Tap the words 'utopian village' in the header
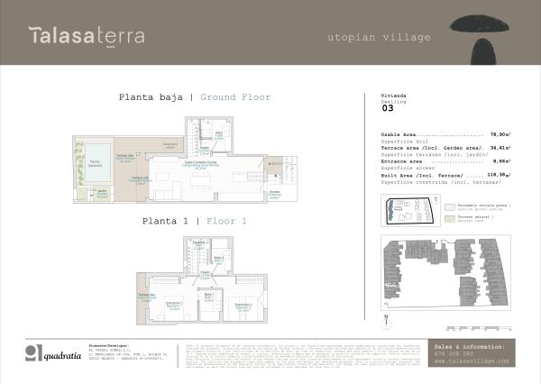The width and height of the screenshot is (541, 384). point(379,38)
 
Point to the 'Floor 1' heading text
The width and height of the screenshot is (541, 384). point(225,220)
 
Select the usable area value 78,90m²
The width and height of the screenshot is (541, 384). point(500,133)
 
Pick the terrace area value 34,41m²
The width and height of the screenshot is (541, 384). point(500,146)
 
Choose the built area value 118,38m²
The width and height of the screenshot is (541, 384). point(499,173)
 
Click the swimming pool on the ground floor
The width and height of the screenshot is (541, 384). point(94,163)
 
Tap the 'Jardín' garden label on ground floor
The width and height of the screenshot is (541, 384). point(103,192)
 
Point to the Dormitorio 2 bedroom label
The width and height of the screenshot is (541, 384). point(243,306)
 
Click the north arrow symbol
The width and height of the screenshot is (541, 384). point(386,318)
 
